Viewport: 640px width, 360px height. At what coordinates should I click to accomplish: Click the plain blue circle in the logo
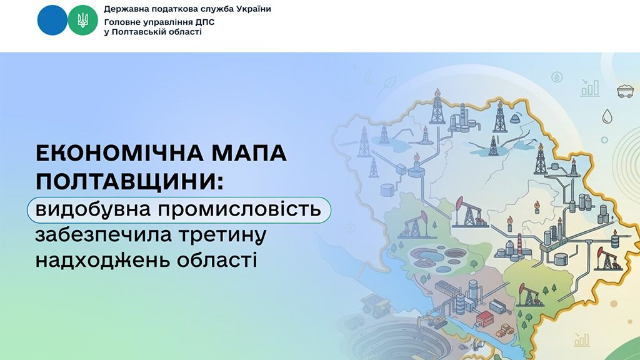click(x=52, y=20)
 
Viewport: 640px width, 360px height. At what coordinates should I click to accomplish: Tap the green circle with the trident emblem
click(x=82, y=20)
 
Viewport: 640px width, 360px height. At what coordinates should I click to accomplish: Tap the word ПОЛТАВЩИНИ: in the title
click(x=130, y=181)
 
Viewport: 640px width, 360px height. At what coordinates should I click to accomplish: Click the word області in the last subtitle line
click(x=217, y=261)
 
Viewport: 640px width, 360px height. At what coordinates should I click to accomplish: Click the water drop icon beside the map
click(x=607, y=116)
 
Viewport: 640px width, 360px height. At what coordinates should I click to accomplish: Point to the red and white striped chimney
click(x=519, y=244)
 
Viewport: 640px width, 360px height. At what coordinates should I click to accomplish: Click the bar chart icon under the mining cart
click(x=590, y=88)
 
